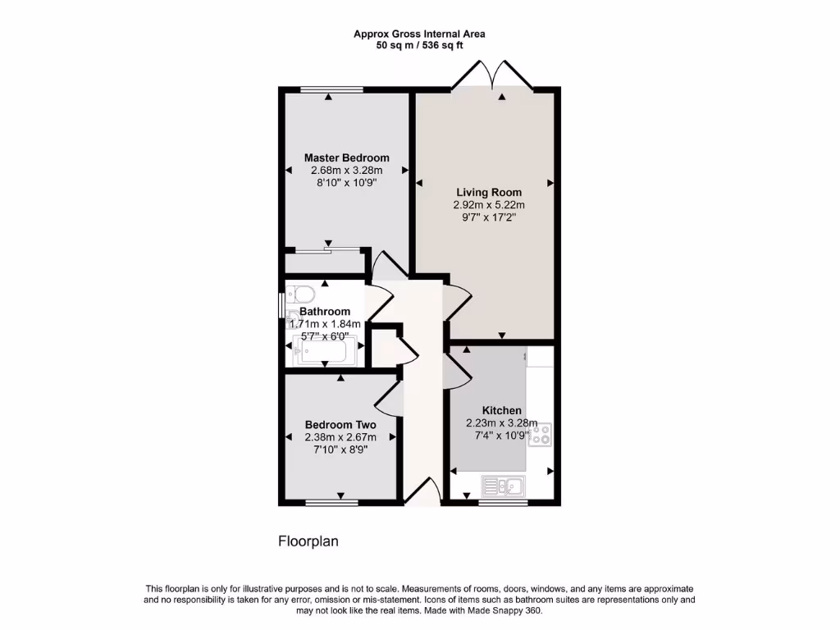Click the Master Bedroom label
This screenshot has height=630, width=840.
[346, 157]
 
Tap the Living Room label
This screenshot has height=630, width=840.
[489, 193]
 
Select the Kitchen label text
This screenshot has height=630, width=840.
[501, 410]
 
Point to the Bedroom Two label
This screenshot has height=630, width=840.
[340, 424]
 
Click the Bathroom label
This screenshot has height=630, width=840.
[325, 312]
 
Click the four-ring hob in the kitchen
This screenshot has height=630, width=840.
[541, 434]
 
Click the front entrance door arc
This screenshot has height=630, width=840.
[423, 494]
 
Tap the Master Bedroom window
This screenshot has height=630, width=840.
[331, 89]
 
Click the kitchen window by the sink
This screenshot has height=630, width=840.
[502, 503]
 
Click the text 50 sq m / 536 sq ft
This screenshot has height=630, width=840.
[419, 46]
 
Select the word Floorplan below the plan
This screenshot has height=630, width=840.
[308, 541]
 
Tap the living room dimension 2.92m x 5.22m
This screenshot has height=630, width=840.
[489, 205]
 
